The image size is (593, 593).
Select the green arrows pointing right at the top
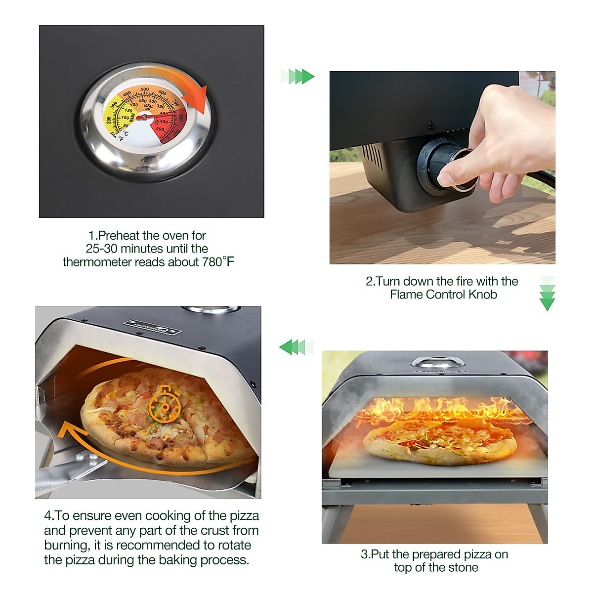point(298,77)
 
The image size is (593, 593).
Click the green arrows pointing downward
point(547,294)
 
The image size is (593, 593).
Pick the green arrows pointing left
point(296,347)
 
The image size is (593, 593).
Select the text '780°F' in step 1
point(217,262)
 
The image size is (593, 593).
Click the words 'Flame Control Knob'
point(443,295)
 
